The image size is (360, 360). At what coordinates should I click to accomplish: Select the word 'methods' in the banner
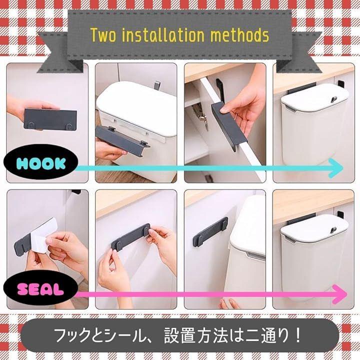[x=239, y=35]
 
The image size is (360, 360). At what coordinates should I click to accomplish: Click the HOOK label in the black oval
[x=41, y=163]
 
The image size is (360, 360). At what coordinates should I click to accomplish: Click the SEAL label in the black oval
[x=40, y=289]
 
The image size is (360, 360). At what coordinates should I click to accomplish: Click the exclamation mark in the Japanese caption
[x=298, y=335]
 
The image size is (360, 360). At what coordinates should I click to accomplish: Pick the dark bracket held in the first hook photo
[x=50, y=119]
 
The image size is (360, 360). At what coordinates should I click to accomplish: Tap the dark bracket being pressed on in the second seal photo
[x=131, y=237]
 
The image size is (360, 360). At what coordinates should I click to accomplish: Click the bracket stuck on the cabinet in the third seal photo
[x=210, y=232]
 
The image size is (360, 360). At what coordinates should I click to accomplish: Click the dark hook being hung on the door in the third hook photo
[x=228, y=125]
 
